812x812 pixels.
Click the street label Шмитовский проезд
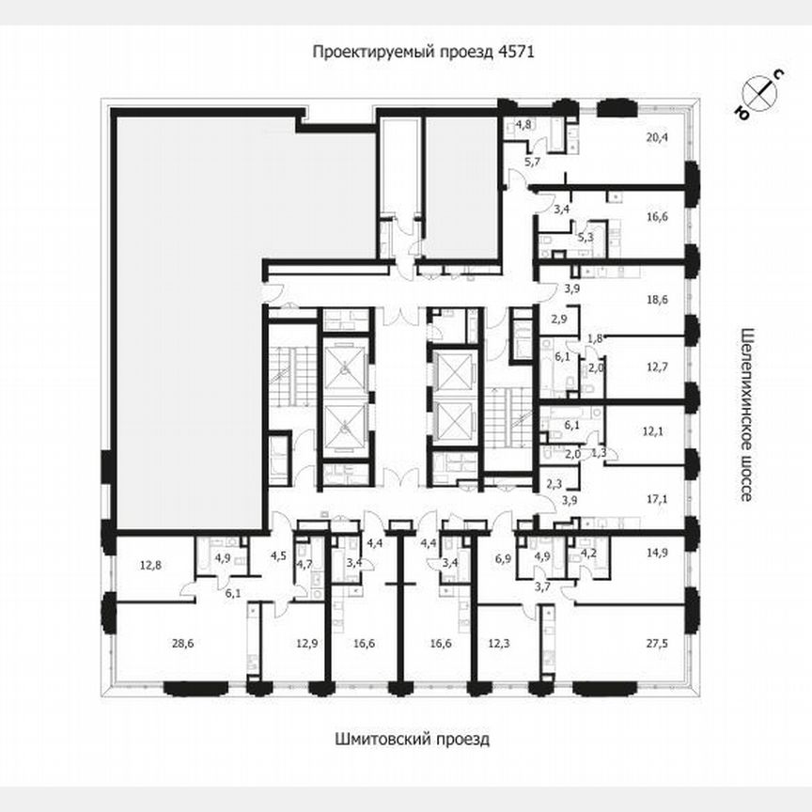[412, 739]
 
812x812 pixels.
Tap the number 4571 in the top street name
[515, 53]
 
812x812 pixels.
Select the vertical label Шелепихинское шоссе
[747, 414]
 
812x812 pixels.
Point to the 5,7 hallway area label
[533, 163]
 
